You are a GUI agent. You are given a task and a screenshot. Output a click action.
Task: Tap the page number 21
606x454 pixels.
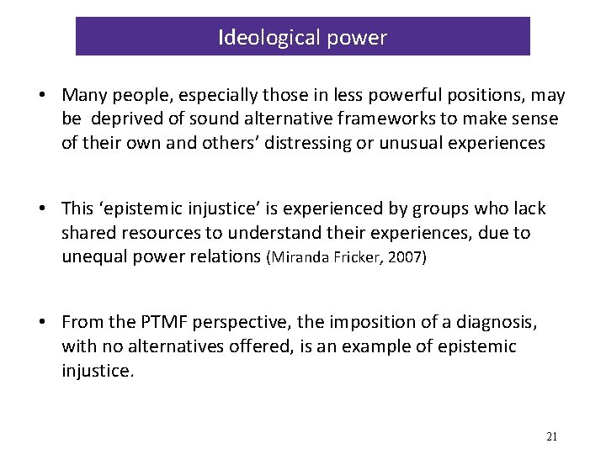(552, 436)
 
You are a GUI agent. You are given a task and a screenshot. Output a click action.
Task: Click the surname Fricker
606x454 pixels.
(360, 256)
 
